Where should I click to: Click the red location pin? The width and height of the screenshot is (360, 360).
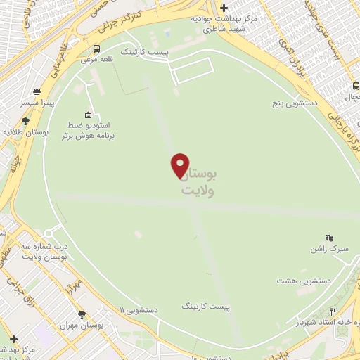tap(181, 165)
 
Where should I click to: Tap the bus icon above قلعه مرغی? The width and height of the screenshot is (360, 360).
tap(96, 49)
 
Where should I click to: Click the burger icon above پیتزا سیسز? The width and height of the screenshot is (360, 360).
tap(35, 91)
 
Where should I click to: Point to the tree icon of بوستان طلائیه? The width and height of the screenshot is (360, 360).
tap(26, 121)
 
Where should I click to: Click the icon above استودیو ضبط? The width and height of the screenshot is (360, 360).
tap(87, 115)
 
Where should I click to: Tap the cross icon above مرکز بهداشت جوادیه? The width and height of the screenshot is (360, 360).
tap(224, 8)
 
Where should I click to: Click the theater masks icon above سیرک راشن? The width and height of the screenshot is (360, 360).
tap(328, 238)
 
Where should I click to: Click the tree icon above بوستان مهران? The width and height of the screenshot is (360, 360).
tap(82, 314)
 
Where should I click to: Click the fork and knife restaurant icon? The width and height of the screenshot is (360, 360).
tap(333, 311)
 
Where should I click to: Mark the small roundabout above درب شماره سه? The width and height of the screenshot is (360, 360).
tap(49, 233)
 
